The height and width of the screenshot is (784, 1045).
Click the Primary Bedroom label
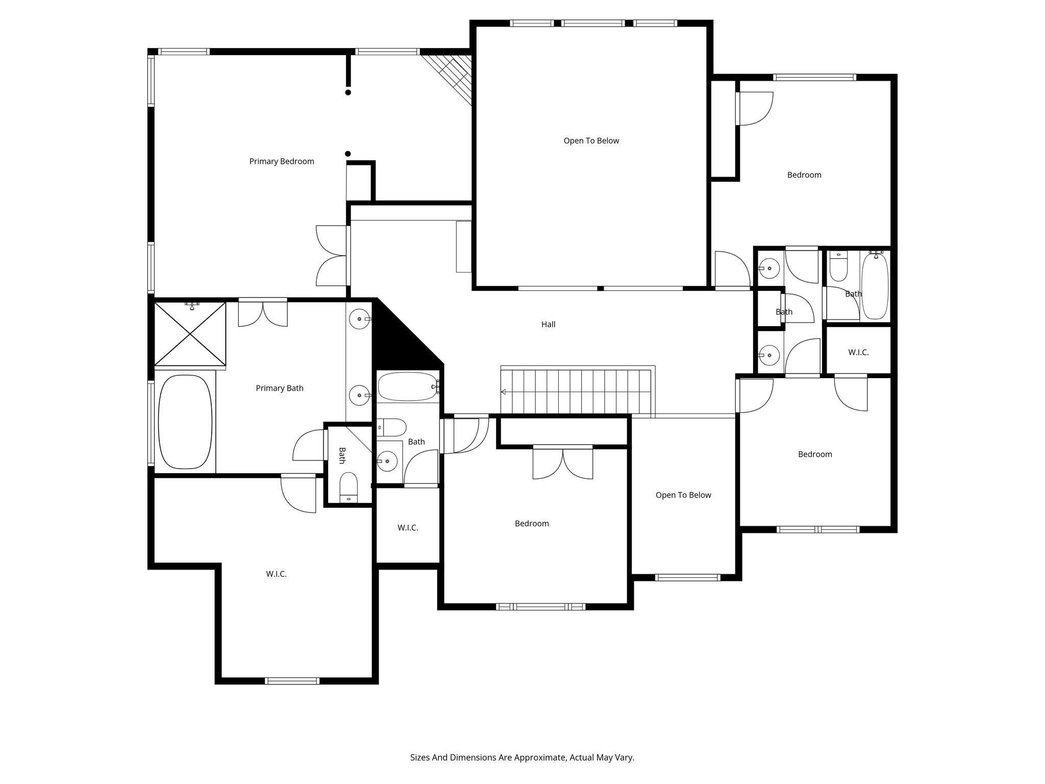click(281, 161)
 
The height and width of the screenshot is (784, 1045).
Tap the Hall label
click(548, 324)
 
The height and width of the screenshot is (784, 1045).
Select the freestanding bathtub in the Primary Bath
click(185, 422)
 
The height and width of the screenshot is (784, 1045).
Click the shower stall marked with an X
click(190, 334)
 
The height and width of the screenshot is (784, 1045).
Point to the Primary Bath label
click(279, 388)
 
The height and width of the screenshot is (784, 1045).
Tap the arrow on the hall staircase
click(504, 392)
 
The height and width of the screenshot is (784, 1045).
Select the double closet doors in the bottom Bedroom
click(563, 462)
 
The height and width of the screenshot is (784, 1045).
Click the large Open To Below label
click(591, 140)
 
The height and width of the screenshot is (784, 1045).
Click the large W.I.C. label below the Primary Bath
click(276, 574)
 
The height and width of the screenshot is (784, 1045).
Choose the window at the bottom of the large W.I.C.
click(292, 680)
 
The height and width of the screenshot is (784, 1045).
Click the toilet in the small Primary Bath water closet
click(349, 487)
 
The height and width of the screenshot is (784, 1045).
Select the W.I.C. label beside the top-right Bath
click(858, 352)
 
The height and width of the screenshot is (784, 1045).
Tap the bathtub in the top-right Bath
click(875, 286)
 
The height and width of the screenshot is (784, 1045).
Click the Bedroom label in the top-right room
click(804, 175)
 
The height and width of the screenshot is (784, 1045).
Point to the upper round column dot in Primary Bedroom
click(348, 92)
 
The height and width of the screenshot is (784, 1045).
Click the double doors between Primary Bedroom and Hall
click(332, 255)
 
